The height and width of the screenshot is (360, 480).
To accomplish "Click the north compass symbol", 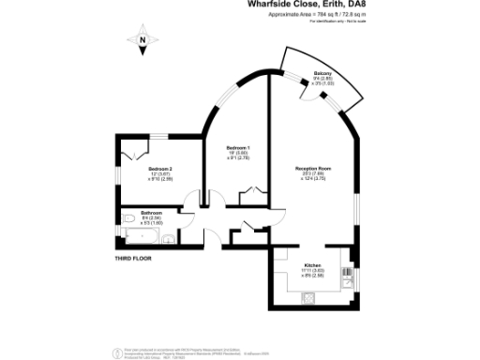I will [x=142, y=39].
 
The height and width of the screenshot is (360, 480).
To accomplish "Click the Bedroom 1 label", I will [x=238, y=148].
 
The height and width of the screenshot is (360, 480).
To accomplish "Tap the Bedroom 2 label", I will [x=159, y=168].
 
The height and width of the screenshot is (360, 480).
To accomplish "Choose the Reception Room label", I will [x=313, y=168].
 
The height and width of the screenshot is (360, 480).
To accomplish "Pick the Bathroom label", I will [x=152, y=213].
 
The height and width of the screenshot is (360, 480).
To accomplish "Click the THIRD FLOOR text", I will [x=132, y=257].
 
